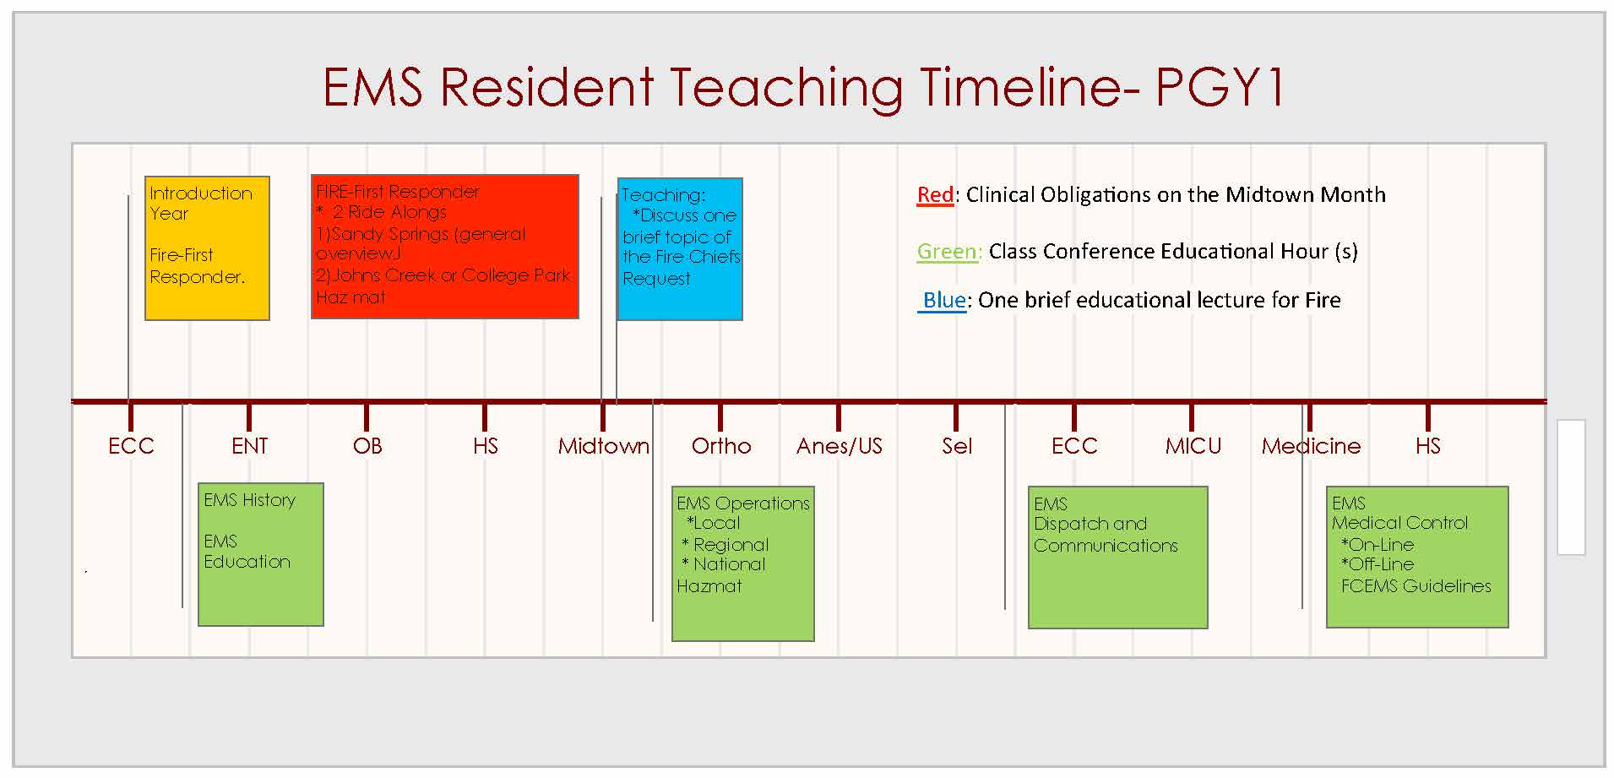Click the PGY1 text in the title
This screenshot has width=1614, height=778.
(x=1219, y=87)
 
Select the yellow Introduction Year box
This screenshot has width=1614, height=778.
(x=207, y=248)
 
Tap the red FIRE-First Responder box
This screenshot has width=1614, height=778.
(x=445, y=247)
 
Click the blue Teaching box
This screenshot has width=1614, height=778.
(x=680, y=249)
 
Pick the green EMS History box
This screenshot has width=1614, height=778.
(x=261, y=554)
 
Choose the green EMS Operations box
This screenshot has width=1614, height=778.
(x=743, y=563)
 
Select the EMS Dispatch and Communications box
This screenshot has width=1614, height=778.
(x=1118, y=558)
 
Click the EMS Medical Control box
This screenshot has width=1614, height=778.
(x=1417, y=557)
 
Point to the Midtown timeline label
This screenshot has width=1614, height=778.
(x=604, y=446)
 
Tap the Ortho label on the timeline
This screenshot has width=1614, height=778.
(x=721, y=446)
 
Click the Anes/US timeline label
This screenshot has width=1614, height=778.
(x=840, y=446)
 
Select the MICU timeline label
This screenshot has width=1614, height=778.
(x=1193, y=446)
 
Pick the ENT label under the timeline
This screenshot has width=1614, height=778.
(x=250, y=446)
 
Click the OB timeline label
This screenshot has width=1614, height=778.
(x=367, y=446)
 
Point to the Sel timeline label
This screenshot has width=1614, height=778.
(x=957, y=446)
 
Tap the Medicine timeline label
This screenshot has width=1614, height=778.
(x=1312, y=446)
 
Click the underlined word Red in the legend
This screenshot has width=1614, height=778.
(x=936, y=195)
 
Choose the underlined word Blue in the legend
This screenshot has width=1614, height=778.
(x=944, y=300)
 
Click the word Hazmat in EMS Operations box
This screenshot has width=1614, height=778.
(x=709, y=586)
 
